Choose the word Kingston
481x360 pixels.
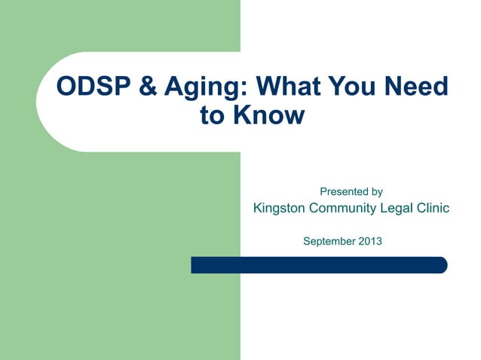click(x=281, y=209)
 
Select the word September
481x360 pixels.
click(x=329, y=242)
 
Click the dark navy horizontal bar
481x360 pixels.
click(x=317, y=265)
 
